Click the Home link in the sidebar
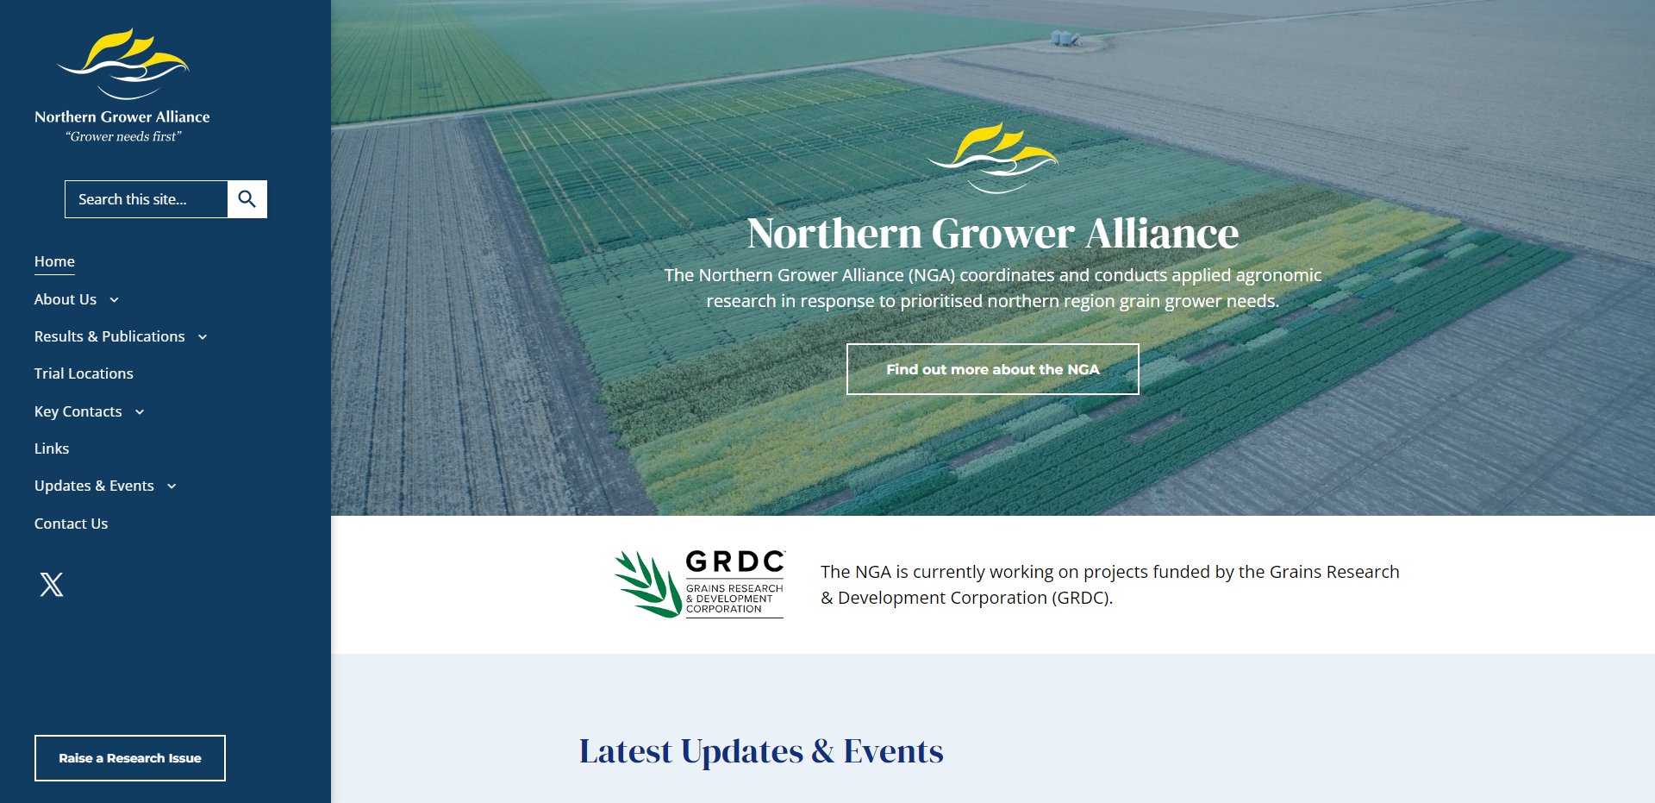click(54, 261)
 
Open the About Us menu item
click(66, 299)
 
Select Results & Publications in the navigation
click(109, 336)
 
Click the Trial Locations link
click(84, 373)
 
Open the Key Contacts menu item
click(78, 411)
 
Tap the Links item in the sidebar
click(52, 449)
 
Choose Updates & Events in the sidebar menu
click(94, 486)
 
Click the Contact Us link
click(71, 524)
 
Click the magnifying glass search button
click(247, 199)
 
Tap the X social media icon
click(52, 585)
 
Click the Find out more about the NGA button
click(993, 369)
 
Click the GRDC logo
click(699, 584)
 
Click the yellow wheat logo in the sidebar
click(123, 64)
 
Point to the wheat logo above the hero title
click(993, 158)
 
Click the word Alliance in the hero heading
click(1162, 234)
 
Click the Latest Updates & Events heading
click(761, 751)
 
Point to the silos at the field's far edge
click(1065, 38)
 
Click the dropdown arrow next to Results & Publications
click(203, 337)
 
